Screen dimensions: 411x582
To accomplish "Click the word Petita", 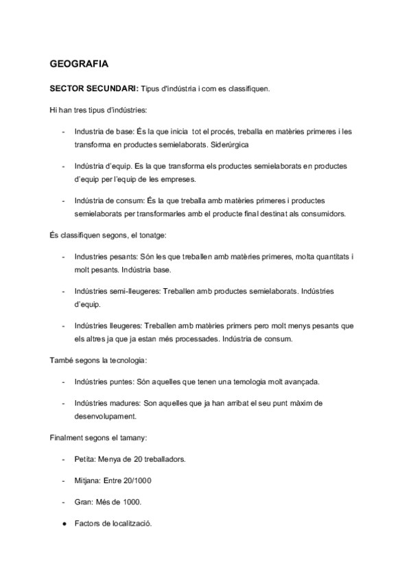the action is pos(86,458).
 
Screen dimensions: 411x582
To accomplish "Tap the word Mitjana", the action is pos(90,480).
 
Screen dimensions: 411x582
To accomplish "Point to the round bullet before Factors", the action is pos(64,524).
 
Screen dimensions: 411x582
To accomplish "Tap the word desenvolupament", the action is pos(107,416).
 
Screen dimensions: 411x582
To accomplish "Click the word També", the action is pos(62,360).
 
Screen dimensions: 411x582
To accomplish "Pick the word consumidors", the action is pos(320,213).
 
